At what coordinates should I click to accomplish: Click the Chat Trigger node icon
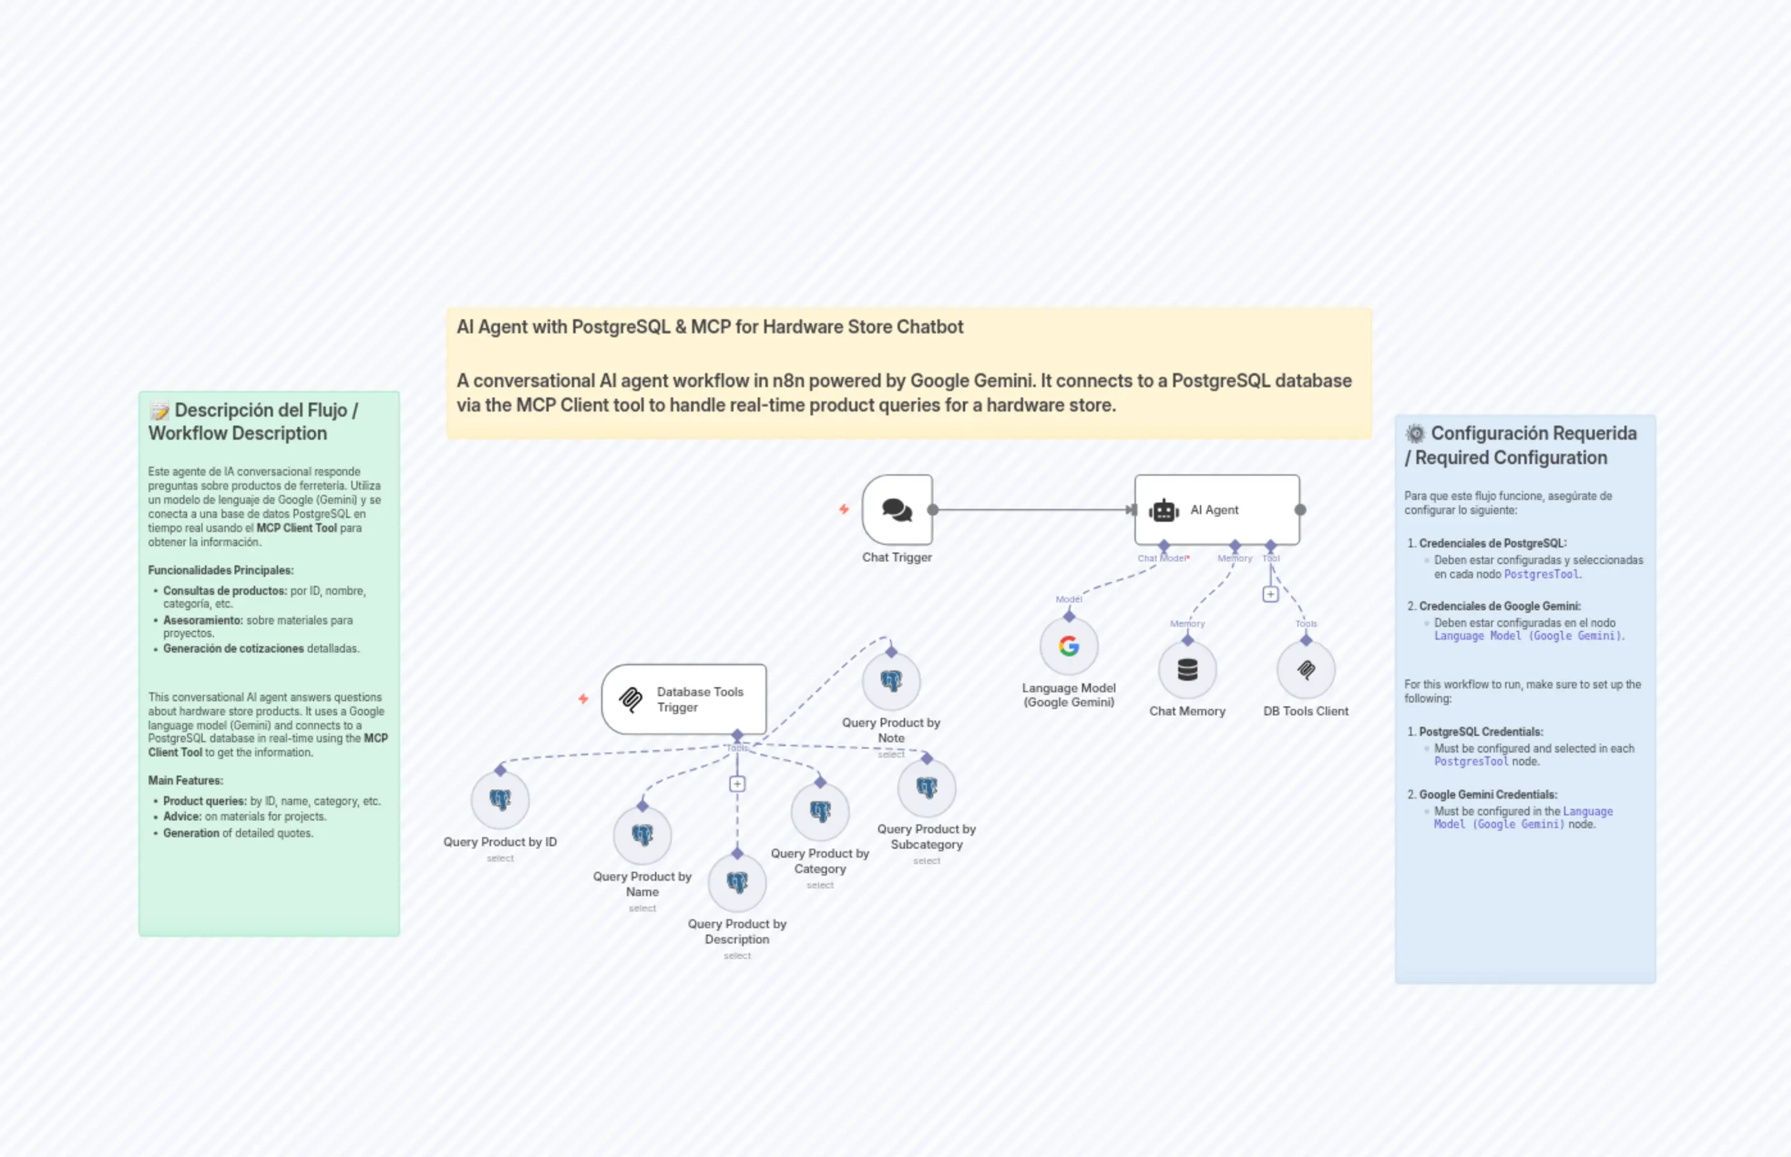897,510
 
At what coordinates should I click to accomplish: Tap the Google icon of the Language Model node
1069,646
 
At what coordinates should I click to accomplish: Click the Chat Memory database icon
1187,669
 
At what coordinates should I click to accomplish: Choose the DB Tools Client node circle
1306,669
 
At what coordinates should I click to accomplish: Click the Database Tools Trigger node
684,699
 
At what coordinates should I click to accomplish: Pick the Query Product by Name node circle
642,835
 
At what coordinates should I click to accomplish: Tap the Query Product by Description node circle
737,882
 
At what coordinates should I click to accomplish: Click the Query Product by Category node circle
821,812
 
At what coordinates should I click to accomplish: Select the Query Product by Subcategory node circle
926,787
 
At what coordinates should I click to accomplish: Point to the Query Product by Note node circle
891,681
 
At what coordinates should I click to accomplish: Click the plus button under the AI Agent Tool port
1270,594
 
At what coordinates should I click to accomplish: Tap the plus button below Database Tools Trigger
737,783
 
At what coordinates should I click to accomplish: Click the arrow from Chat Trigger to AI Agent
1033,510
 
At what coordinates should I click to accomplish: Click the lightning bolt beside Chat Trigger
844,510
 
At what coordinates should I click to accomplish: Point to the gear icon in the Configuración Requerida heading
1415,433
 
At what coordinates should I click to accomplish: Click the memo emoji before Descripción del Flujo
159,411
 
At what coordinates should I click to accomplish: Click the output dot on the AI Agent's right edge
1301,510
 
